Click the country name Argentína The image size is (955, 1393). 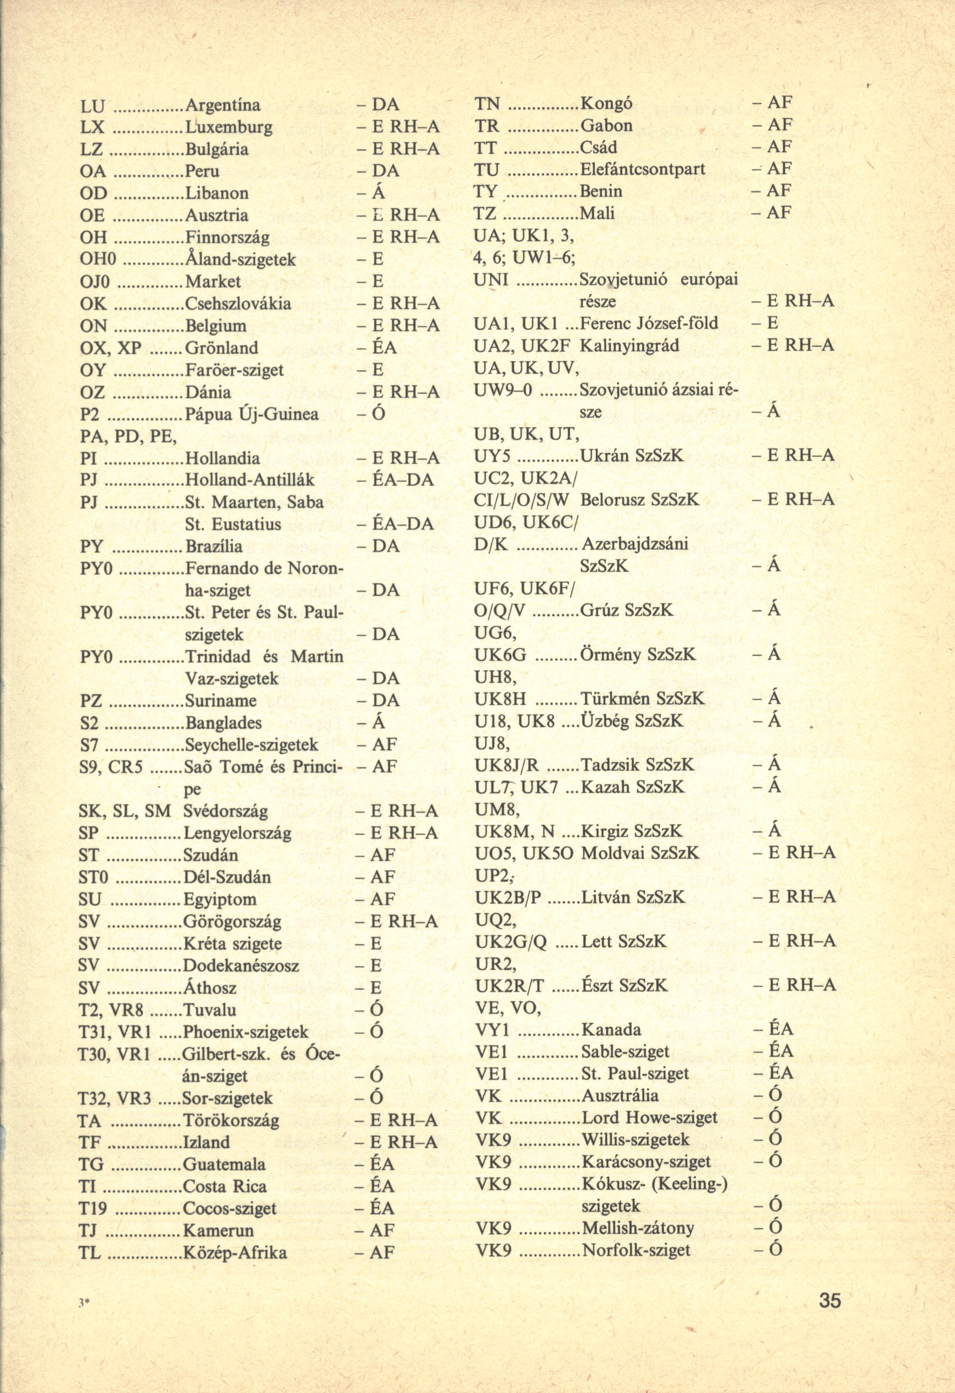223,105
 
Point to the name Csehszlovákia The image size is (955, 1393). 238,304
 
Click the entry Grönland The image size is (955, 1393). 222,348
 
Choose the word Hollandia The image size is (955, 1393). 223,459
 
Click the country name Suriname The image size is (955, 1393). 220,700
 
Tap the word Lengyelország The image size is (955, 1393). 237,833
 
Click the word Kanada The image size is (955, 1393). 611,1030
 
